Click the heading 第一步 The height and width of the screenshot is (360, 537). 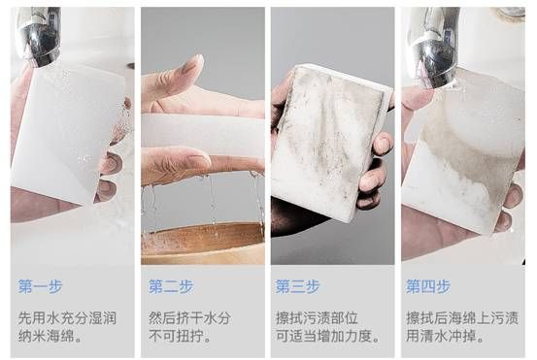pos(41,287)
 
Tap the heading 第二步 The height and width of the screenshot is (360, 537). pos(171,287)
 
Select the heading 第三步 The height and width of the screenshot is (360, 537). pos(297,287)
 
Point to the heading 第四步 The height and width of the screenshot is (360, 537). pos(428,287)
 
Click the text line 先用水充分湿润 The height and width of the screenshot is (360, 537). pos(67,318)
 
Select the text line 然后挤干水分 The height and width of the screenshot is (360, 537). pos(189,318)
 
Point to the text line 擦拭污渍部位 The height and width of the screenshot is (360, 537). pos(317,318)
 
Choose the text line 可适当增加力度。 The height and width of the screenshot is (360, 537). pos(328,336)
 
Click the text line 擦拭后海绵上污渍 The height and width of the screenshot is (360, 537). pos(462,318)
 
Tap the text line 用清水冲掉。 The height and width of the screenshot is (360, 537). pos(445,336)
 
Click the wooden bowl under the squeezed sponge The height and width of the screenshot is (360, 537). pos(203,243)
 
